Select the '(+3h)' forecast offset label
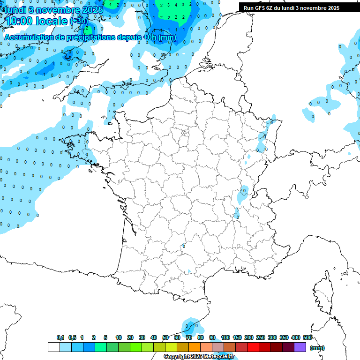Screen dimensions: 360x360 coord(79,22)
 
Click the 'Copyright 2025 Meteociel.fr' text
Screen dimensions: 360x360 coord(199,356)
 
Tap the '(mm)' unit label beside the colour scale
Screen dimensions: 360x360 coord(317,348)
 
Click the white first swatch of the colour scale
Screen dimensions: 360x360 coord(53,347)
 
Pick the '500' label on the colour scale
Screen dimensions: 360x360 coord(307,337)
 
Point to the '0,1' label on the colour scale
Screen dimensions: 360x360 coord(60,337)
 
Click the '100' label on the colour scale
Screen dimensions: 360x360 coord(225,337)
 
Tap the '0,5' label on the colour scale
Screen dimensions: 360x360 coord(72,337)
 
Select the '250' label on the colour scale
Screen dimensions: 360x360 coord(261,337)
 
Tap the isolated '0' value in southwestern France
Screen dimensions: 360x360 coord(184,246)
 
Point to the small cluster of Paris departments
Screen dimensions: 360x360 coord(185,134)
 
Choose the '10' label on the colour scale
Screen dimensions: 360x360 coord(119,337)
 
